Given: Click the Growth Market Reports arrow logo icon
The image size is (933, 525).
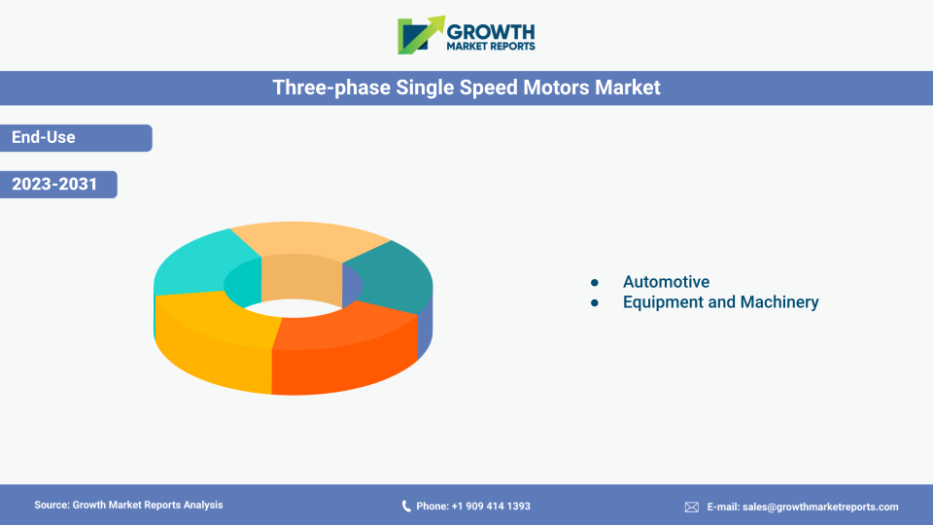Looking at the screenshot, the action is [x=421, y=35].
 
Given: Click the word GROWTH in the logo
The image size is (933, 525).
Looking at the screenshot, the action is [x=491, y=32].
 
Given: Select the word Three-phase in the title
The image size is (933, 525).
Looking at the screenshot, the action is [x=331, y=87].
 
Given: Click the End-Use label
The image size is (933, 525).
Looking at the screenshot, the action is [x=44, y=137].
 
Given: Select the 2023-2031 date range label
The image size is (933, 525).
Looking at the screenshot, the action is [x=54, y=184].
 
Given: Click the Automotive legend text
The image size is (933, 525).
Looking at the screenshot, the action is [x=666, y=282].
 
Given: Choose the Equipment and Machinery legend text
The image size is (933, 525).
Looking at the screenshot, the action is [x=720, y=301].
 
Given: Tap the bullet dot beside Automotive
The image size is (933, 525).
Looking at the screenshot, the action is [x=595, y=282].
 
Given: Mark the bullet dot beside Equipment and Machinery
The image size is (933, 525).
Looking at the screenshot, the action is [x=595, y=303].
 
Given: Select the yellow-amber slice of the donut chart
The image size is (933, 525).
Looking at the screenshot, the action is [x=214, y=339].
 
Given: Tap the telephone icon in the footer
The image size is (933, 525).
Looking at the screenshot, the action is [x=406, y=506].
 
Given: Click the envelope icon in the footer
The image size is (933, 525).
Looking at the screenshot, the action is [x=691, y=507].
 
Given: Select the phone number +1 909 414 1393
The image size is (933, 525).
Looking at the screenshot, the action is [x=491, y=506].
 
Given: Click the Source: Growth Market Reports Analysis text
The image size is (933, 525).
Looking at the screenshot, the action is [x=128, y=505].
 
